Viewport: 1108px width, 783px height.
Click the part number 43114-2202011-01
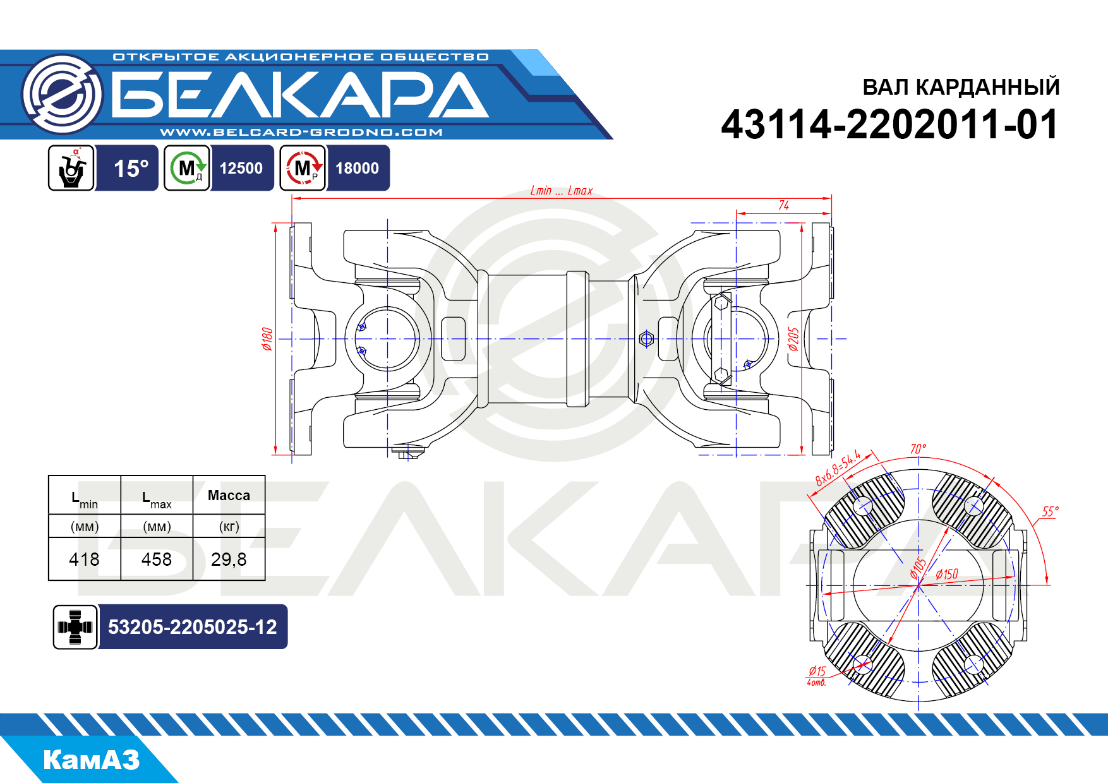pos(890,124)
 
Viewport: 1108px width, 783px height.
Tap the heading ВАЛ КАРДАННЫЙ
pos(961,87)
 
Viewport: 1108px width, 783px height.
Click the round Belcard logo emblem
pos(62,94)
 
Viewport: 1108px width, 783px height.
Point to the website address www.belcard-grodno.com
pos(301,132)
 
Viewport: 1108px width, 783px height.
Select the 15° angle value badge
pos(131,169)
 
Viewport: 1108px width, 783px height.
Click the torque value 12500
pos(241,169)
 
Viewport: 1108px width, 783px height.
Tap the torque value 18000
pos(358,169)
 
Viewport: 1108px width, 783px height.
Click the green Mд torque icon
pos(187,168)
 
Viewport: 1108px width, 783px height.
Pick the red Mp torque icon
pos(303,168)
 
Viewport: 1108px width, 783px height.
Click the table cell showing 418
pos(84,559)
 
